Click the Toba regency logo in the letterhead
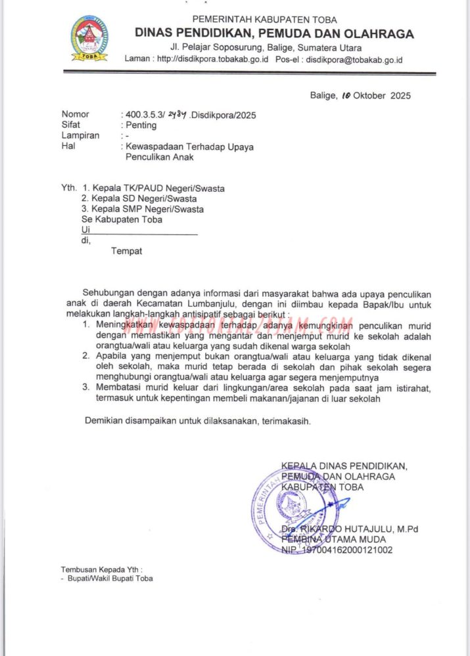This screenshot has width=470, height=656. click(x=89, y=39)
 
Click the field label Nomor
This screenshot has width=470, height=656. click(x=75, y=115)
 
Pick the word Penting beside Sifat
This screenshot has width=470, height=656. click(x=141, y=125)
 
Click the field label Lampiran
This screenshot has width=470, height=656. click(x=80, y=136)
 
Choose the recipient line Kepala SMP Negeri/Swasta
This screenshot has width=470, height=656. click(x=149, y=209)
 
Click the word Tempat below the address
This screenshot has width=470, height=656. click(x=126, y=251)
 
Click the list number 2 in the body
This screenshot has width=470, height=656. click(x=85, y=357)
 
